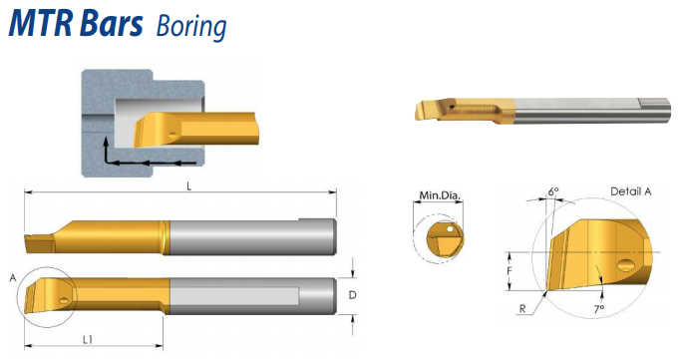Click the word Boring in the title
click(x=191, y=26)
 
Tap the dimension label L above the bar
click(x=188, y=186)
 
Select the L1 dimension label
click(x=88, y=340)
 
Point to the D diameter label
click(x=352, y=295)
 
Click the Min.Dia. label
click(x=440, y=195)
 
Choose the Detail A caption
click(x=631, y=191)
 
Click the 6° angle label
click(x=552, y=191)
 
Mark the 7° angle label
click(x=599, y=309)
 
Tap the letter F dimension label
click(x=510, y=271)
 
